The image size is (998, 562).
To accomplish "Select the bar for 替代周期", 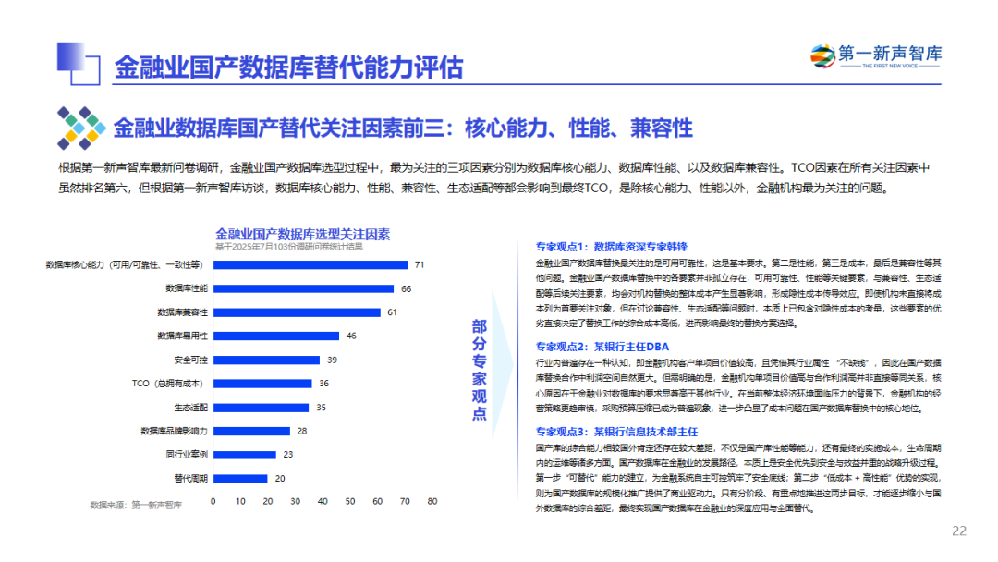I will coord(240,478).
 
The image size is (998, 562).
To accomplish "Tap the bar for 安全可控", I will coord(266,360).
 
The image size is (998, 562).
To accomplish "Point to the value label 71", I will coord(419,264).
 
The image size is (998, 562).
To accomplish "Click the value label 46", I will coord(351,336).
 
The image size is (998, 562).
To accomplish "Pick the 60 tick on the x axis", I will coord(377,501).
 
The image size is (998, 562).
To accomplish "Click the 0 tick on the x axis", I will coord(213,501).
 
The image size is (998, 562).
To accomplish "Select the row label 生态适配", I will coord(190,407).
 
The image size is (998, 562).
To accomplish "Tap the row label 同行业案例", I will coord(187,455).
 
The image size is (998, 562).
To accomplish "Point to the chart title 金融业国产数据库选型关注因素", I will coord(303,234).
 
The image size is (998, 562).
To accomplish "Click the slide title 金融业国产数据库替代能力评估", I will coord(288,67).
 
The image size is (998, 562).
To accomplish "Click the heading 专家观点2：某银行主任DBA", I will coord(600,347).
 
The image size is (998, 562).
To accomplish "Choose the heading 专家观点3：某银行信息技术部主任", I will coord(616,432).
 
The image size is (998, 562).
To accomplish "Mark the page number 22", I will coord(959,531).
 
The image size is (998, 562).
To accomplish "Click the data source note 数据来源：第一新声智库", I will coord(136,505).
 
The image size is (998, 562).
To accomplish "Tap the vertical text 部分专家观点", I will coord(479,370).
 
